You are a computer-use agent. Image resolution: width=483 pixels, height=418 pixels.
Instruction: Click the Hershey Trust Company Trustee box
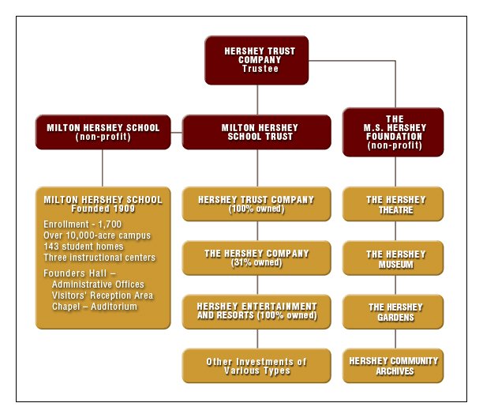256,60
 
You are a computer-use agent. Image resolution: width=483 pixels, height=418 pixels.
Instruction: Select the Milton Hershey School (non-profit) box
103,132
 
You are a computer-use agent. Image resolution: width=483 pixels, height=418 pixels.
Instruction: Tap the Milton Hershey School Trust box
256,132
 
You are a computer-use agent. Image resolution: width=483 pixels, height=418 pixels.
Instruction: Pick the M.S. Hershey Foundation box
393,132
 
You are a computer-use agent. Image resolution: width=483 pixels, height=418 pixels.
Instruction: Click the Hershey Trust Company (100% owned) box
256,204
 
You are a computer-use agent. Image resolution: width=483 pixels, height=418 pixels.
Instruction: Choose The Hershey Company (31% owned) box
256,258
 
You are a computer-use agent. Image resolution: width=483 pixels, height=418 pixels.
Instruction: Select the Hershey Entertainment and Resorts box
256,311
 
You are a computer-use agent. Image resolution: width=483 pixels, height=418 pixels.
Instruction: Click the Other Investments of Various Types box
256,366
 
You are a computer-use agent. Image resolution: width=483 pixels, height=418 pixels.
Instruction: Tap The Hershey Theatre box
393,204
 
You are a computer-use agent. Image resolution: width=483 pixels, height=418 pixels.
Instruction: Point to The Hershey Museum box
393,258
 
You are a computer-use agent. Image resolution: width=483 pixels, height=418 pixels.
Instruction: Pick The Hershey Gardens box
393,311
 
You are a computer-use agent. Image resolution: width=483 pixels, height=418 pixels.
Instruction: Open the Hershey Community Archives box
393,366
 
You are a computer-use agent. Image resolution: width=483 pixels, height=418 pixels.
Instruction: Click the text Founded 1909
103,209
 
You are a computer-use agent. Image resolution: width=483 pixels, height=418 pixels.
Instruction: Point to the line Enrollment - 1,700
83,224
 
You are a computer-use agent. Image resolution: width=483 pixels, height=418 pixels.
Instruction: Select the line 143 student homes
84,247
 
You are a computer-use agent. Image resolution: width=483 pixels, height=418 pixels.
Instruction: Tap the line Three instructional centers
99,258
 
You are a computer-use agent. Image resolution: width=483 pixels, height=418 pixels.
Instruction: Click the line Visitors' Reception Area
103,296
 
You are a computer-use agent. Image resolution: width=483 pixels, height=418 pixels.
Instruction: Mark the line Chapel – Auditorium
95,307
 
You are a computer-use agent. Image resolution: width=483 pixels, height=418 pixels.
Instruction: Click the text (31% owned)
256,262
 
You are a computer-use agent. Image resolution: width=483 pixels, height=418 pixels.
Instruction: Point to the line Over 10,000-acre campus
97,235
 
